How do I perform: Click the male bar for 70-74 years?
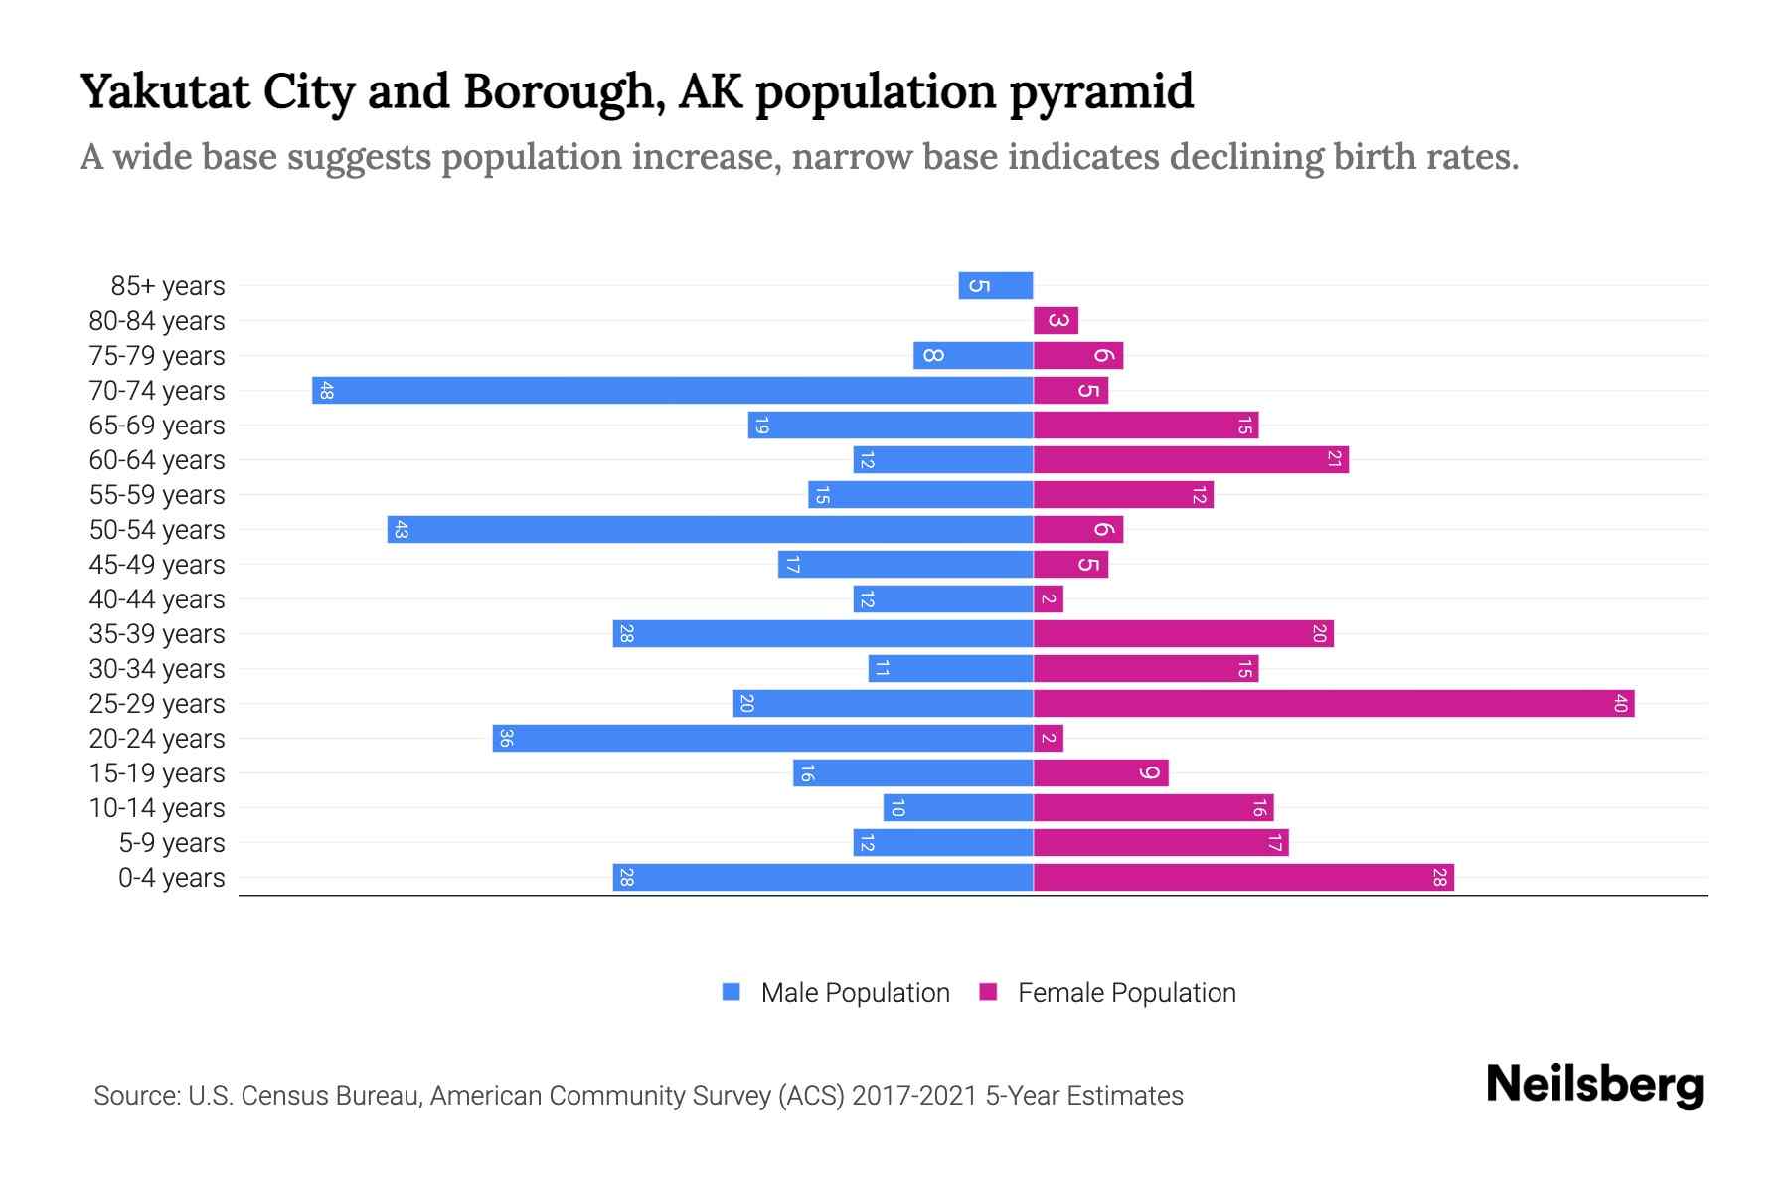click(x=673, y=390)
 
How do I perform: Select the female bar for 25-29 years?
click(x=1334, y=703)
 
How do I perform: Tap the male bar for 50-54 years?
click(x=711, y=529)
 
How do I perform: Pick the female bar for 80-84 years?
click(x=1056, y=320)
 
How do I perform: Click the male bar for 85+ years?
click(x=996, y=285)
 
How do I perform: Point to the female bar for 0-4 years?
click(x=1243, y=877)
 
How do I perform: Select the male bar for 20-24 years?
click(x=763, y=738)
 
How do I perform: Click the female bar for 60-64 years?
click(x=1191, y=459)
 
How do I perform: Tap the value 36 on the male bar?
click(x=506, y=738)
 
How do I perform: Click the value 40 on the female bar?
click(x=1620, y=703)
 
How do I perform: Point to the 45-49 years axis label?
click(x=157, y=564)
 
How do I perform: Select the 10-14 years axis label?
click(x=157, y=807)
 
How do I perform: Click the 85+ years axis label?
click(x=168, y=285)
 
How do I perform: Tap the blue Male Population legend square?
click(x=732, y=992)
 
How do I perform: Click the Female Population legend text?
click(x=1126, y=992)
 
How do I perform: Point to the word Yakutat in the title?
click(x=165, y=91)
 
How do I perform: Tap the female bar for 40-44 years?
click(x=1049, y=598)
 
